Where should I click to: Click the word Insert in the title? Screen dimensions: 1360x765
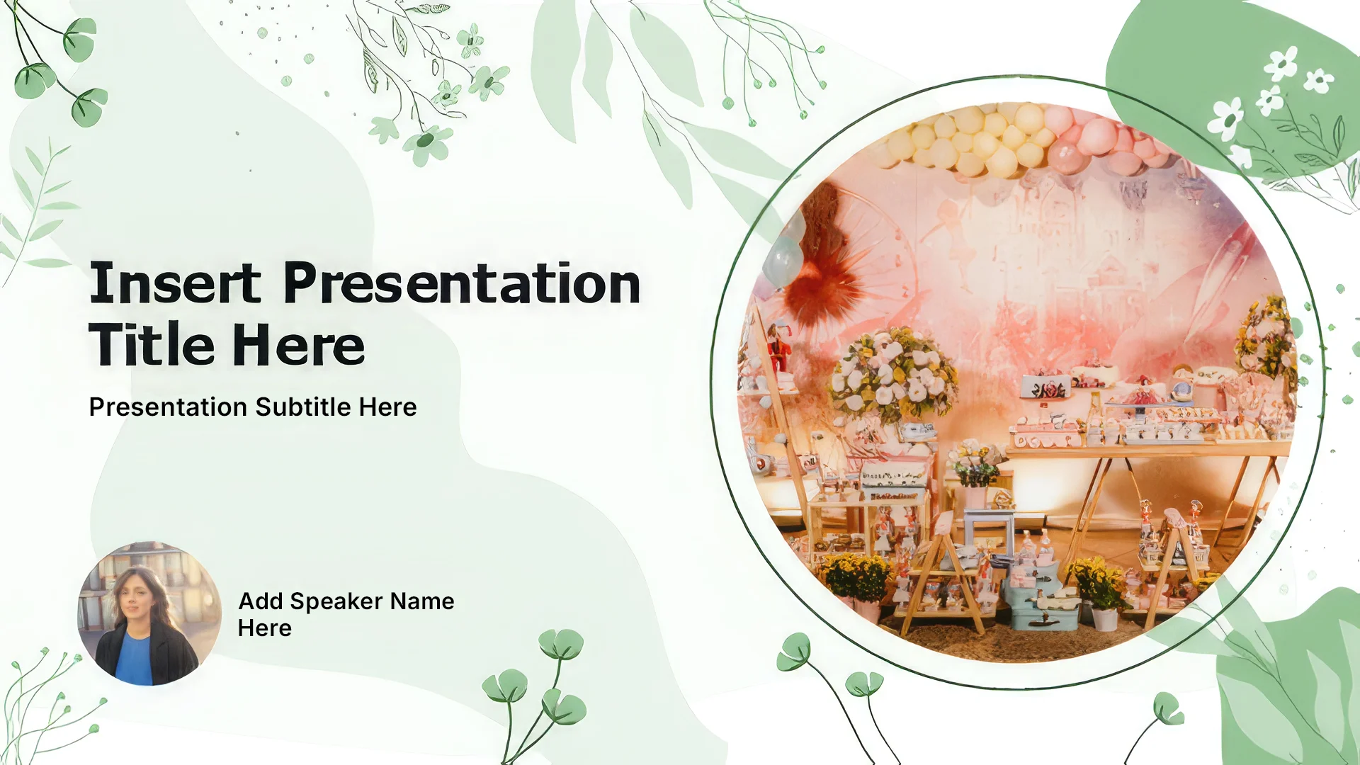tap(175, 283)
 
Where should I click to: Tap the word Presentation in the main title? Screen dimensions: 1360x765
tap(462, 283)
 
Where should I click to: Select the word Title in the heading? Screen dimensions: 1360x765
tap(152, 345)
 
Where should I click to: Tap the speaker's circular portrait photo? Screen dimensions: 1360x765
tap(149, 613)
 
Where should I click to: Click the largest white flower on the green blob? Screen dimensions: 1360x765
tap(1225, 118)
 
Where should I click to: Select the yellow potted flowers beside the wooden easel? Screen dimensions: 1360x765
tap(856, 577)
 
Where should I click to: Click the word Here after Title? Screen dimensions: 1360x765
tap(298, 346)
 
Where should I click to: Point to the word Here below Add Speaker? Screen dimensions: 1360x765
tap(264, 628)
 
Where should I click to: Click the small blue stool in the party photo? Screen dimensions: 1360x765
tap(988, 528)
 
